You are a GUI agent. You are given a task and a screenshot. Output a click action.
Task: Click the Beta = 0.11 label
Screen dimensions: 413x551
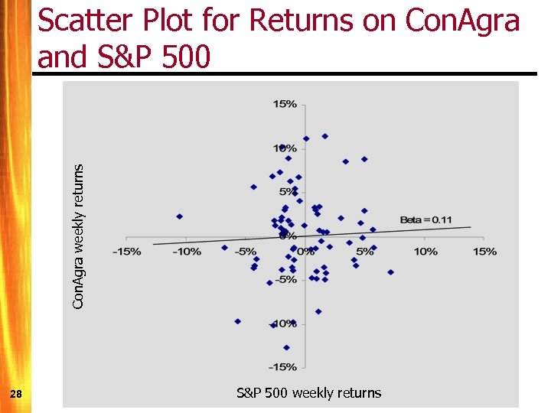coord(425,220)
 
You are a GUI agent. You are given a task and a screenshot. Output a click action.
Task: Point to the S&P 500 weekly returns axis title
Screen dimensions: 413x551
coord(308,393)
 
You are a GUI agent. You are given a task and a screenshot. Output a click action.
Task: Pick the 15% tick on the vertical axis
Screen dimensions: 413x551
coord(285,104)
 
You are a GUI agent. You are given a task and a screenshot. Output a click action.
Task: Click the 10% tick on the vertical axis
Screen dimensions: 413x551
coord(285,148)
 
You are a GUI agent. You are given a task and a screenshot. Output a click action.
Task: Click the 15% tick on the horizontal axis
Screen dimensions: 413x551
coord(485,252)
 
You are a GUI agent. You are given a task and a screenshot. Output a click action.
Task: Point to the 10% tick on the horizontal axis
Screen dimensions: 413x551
coord(425,252)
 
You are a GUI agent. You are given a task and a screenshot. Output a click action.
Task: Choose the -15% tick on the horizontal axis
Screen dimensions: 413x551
coord(126,252)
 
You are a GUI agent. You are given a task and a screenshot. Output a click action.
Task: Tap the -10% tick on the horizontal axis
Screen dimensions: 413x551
coord(186,252)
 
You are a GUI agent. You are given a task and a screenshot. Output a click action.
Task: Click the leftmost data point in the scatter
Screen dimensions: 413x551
coord(180,216)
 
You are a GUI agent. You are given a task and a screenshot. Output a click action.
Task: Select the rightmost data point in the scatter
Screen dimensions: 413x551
coord(390,272)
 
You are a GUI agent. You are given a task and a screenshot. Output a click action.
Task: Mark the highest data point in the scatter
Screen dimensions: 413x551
coord(324,136)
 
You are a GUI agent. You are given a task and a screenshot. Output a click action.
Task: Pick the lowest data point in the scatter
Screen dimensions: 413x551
coord(287,347)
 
